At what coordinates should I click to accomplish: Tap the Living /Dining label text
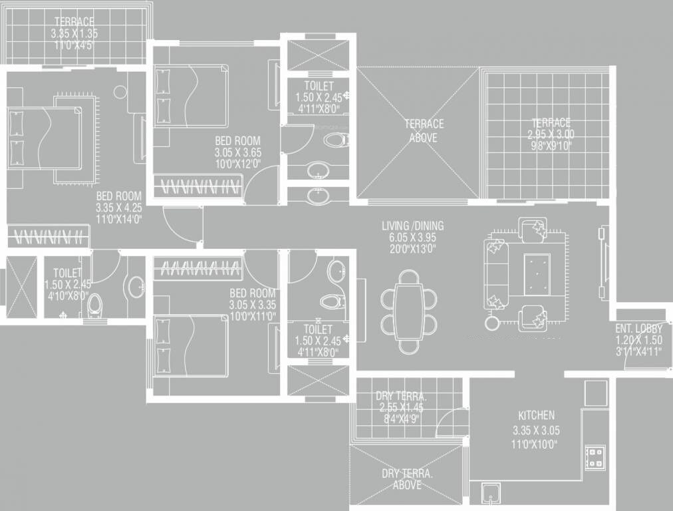pyautogui.click(x=412, y=226)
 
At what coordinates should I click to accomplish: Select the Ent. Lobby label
pyautogui.click(x=638, y=329)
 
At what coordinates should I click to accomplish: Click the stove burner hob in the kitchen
pyautogui.click(x=594, y=457)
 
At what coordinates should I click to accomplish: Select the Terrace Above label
pyautogui.click(x=423, y=130)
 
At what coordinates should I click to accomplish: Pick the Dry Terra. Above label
pyautogui.click(x=406, y=479)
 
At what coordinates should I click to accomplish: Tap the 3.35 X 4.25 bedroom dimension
pyautogui.click(x=118, y=207)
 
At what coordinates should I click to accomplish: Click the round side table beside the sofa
pyautogui.click(x=492, y=324)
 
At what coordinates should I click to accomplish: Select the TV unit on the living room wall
pyautogui.click(x=604, y=263)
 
